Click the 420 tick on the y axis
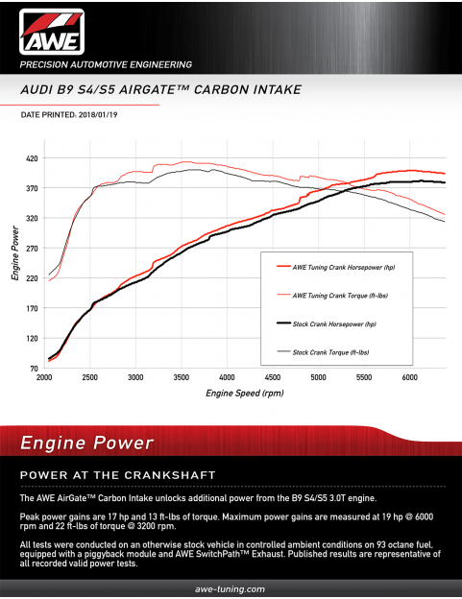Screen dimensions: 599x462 pyautogui.click(x=32, y=158)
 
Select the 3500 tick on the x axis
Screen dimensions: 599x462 pyautogui.click(x=181, y=378)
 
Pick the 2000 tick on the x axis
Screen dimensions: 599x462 pyautogui.click(x=44, y=378)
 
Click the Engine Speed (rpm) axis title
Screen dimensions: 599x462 pyautogui.click(x=244, y=393)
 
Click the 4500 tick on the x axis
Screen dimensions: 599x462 pyautogui.click(x=272, y=378)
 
